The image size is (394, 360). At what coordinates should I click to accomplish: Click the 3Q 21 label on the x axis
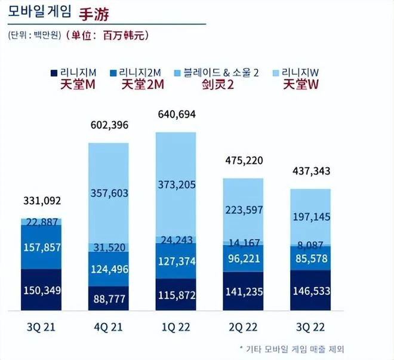41,328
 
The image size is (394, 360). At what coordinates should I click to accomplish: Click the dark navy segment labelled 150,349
41,290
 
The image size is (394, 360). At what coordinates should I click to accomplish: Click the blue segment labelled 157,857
41,247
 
